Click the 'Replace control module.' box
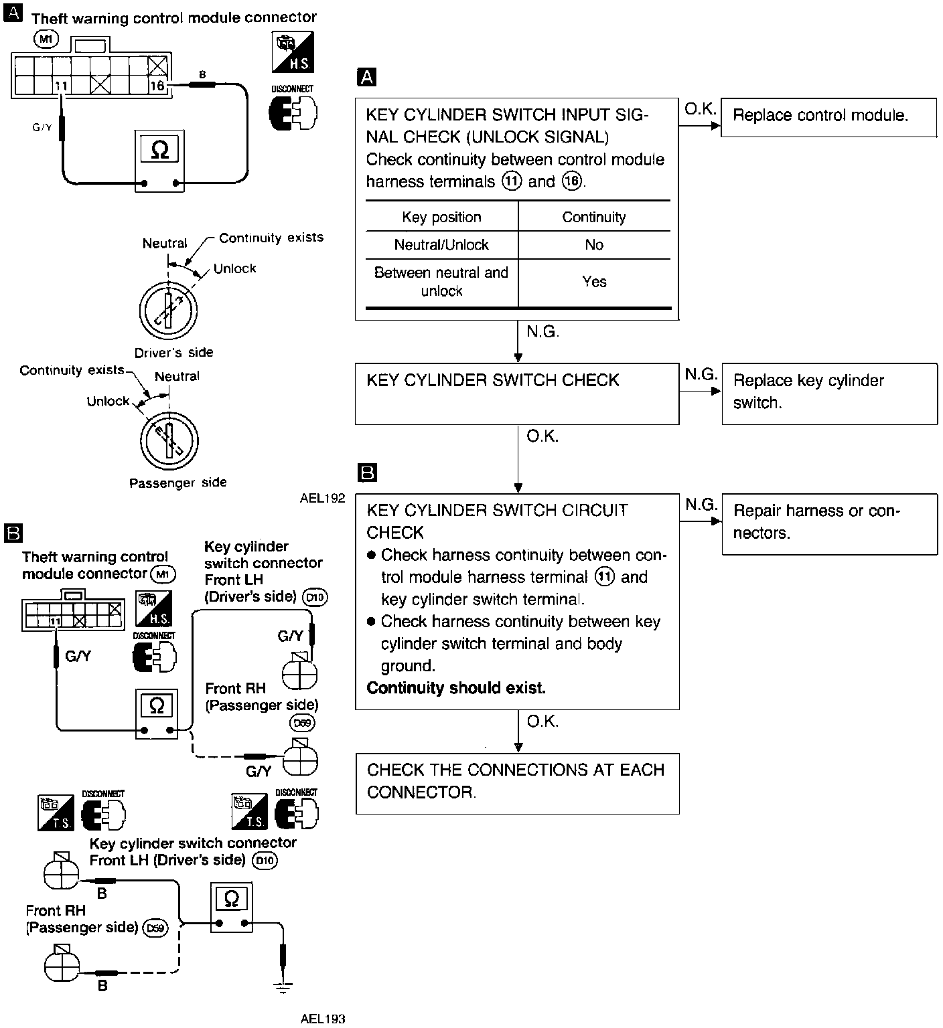pyautogui.click(x=828, y=117)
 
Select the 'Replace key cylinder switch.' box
pyautogui.click(x=829, y=394)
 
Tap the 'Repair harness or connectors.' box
pyautogui.click(x=829, y=523)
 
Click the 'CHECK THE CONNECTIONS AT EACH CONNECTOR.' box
pyautogui.click(x=517, y=783)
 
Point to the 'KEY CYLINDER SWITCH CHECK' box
pyautogui.click(x=517, y=394)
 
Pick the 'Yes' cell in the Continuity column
pyautogui.click(x=594, y=282)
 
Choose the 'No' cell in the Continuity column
pyautogui.click(x=594, y=245)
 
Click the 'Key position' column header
pyautogui.click(x=441, y=217)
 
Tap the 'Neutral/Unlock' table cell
pyautogui.click(x=441, y=245)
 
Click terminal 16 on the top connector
pyautogui.click(x=157, y=86)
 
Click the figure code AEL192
pyautogui.click(x=322, y=499)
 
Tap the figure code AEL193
pyautogui.click(x=323, y=1019)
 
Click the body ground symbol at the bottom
pyautogui.click(x=283, y=984)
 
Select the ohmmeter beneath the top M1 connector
pyautogui.click(x=159, y=161)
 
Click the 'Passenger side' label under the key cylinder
pyautogui.click(x=177, y=483)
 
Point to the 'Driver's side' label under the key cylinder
pyautogui.click(x=173, y=353)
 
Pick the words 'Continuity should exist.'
pyautogui.click(x=456, y=688)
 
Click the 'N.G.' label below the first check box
pyautogui.click(x=542, y=332)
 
